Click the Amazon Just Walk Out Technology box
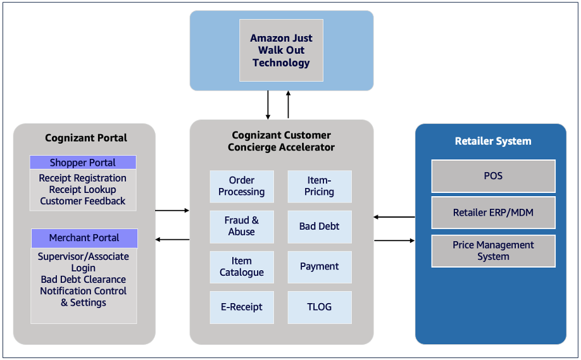tap(281, 51)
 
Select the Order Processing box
tap(242, 186)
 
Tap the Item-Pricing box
tap(320, 186)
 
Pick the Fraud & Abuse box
tap(242, 227)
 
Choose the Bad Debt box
tap(320, 227)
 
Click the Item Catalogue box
tap(242, 267)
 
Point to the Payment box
tap(320, 267)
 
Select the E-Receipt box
tap(242, 307)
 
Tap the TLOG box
tap(320, 307)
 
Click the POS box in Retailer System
tap(493, 176)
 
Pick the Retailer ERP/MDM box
tap(493, 213)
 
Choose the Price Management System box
tap(493, 251)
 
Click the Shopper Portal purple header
tap(83, 163)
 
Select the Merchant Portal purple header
tap(84, 238)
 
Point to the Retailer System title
tap(493, 141)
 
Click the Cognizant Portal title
tap(86, 138)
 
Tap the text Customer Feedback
tap(83, 201)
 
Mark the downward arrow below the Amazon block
tap(268, 105)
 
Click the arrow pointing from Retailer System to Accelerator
tap(394, 217)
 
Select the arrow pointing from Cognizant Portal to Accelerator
tap(172, 211)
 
